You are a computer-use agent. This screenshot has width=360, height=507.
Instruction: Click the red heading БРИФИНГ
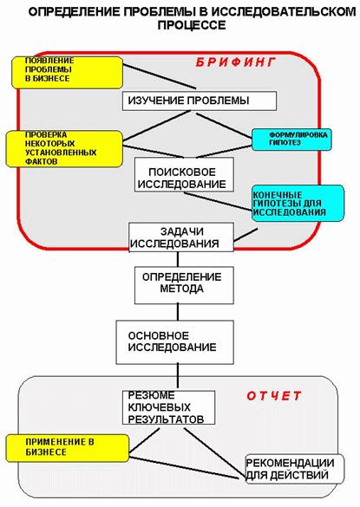pyautogui.click(x=236, y=62)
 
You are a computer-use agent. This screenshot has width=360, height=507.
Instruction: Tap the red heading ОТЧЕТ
pyautogui.click(x=274, y=396)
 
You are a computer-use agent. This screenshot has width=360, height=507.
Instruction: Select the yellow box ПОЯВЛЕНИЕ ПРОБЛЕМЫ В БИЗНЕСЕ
pyautogui.click(x=68, y=73)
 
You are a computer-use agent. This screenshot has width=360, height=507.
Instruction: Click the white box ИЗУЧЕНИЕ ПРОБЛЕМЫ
pyautogui.click(x=200, y=101)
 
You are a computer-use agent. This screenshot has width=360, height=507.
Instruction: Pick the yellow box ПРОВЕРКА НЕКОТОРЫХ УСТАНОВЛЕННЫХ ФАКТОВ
pyautogui.click(x=64, y=149)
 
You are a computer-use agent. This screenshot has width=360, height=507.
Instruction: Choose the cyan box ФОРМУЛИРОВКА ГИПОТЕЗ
pyautogui.click(x=291, y=140)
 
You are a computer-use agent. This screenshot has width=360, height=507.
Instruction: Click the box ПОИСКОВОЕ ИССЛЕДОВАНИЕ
pyautogui.click(x=184, y=174)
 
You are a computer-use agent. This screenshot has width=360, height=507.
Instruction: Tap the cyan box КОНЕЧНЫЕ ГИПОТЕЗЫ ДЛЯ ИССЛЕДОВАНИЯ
pyautogui.click(x=298, y=203)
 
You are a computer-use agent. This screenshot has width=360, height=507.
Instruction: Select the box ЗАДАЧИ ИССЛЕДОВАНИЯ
pyautogui.click(x=181, y=237)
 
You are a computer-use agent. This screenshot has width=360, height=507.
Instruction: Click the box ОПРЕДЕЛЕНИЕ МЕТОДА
pyautogui.click(x=184, y=285)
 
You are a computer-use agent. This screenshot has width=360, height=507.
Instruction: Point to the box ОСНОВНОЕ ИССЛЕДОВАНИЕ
pyautogui.click(x=175, y=342)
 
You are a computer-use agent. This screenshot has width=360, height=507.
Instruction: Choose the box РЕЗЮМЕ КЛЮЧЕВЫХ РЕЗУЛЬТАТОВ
pyautogui.click(x=168, y=407)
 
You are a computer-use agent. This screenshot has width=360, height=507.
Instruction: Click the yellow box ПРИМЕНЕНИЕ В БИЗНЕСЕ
pyautogui.click(x=68, y=448)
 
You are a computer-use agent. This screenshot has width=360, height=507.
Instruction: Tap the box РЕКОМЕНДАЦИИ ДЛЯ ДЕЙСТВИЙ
pyautogui.click(x=295, y=469)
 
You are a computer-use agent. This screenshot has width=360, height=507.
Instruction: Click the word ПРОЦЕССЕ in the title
pyautogui.click(x=192, y=25)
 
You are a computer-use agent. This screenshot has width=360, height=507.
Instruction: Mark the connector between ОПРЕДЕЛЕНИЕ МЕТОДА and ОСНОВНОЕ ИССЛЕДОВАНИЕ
pyautogui.click(x=178, y=312)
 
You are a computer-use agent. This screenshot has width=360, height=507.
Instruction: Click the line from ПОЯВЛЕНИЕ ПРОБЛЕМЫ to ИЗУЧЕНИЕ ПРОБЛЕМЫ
pyautogui.click(x=160, y=75)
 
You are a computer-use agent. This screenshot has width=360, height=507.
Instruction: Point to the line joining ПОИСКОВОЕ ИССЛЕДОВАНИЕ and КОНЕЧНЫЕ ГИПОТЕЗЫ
pyautogui.click(x=218, y=201)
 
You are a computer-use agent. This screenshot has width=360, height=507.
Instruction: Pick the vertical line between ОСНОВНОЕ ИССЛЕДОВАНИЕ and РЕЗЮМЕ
pyautogui.click(x=178, y=376)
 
